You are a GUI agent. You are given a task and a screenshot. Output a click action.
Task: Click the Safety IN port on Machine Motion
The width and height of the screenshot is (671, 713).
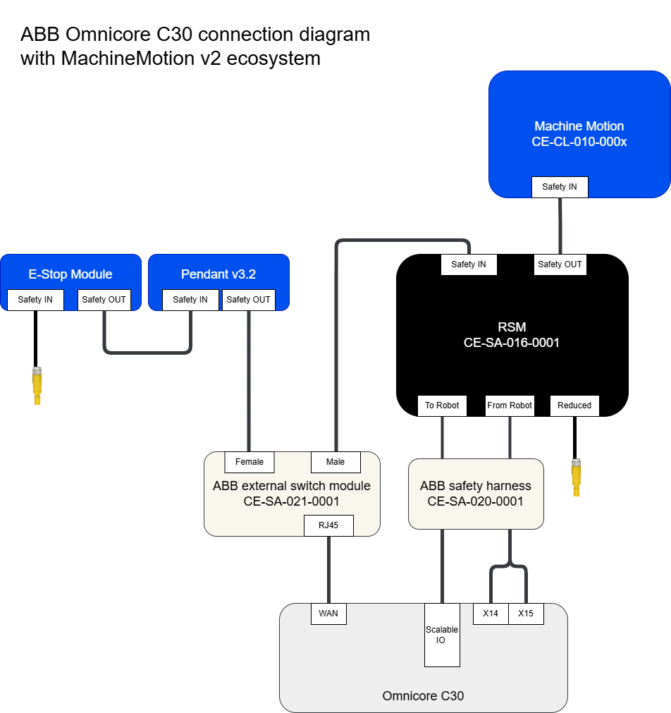pyautogui.click(x=559, y=187)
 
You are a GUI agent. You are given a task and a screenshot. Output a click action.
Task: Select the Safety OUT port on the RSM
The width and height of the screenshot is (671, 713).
pyautogui.click(x=560, y=264)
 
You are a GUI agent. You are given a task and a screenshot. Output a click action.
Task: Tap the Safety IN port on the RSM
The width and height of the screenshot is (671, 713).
pyautogui.click(x=469, y=264)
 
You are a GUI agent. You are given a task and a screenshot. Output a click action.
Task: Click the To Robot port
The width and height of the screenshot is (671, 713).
pyautogui.click(x=442, y=406)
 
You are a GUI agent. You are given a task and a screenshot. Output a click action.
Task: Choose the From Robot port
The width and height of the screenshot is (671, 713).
pyautogui.click(x=510, y=406)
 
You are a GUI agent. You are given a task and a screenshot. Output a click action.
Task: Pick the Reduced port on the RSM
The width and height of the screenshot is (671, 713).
pyautogui.click(x=574, y=406)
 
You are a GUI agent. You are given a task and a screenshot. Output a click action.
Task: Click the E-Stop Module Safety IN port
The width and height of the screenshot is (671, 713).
pyautogui.click(x=35, y=300)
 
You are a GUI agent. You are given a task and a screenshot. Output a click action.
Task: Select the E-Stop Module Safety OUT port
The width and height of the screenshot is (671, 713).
pyautogui.click(x=104, y=300)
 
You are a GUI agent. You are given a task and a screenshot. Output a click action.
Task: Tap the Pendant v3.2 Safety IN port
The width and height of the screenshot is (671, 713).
pyautogui.click(x=190, y=300)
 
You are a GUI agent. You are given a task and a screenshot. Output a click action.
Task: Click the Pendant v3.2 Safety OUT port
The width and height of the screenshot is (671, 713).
pyautogui.click(x=248, y=300)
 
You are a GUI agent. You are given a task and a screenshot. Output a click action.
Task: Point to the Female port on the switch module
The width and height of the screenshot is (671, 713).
pyautogui.click(x=250, y=462)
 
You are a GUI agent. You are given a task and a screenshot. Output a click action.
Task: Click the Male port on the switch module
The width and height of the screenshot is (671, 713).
pyautogui.click(x=335, y=462)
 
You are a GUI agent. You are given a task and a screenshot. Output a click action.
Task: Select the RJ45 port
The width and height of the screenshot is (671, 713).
pyautogui.click(x=328, y=525)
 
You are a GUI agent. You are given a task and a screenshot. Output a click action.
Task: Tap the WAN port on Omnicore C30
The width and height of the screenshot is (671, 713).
pyautogui.click(x=328, y=614)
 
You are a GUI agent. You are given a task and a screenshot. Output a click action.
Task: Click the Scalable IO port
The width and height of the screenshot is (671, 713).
pyautogui.click(x=442, y=635)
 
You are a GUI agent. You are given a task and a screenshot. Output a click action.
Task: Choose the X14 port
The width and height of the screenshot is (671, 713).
pyautogui.click(x=491, y=614)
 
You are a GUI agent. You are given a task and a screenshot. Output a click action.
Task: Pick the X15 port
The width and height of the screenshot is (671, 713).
pyautogui.click(x=526, y=614)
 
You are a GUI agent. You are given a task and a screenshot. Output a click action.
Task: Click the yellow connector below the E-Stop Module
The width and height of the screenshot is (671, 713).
pyautogui.click(x=37, y=385)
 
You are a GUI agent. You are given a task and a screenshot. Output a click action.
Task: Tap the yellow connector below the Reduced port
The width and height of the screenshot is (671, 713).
pyautogui.click(x=577, y=477)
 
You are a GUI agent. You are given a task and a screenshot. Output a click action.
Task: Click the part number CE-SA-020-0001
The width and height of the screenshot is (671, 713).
pyautogui.click(x=476, y=501)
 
